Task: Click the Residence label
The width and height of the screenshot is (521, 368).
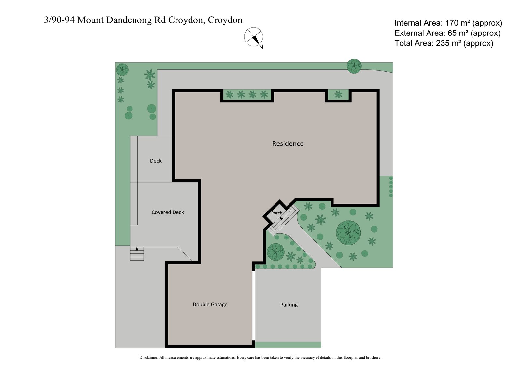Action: pyautogui.click(x=288, y=143)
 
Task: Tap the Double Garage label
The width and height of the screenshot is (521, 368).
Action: pyautogui.click(x=210, y=304)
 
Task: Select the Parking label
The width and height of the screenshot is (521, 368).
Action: pyautogui.click(x=289, y=305)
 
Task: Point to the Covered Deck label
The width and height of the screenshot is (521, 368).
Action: pyautogui.click(x=168, y=212)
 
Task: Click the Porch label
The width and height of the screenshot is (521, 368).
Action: pyautogui.click(x=276, y=213)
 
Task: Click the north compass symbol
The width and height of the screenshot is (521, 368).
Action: pyautogui.click(x=254, y=37)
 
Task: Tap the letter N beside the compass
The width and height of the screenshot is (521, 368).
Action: pyautogui.click(x=261, y=47)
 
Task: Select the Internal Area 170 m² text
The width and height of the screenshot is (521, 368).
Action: pyautogui.click(x=448, y=23)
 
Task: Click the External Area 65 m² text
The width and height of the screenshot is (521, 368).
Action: pyautogui.click(x=447, y=33)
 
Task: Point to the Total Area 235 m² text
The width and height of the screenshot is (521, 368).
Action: pyautogui.click(x=444, y=43)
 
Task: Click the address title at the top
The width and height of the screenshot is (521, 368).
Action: pyautogui.click(x=143, y=20)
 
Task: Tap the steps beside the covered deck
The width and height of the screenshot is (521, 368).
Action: pyautogui.click(x=137, y=253)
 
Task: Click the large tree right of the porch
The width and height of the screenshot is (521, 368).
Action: pyautogui.click(x=348, y=233)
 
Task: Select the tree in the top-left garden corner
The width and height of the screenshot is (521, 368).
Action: pyautogui.click(x=122, y=69)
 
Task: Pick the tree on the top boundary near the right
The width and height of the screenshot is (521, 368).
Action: pyautogui.click(x=354, y=66)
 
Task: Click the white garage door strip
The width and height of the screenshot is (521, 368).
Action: pyautogui.click(x=253, y=306)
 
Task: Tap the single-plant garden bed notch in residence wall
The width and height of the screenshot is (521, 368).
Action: pyautogui.click(x=338, y=95)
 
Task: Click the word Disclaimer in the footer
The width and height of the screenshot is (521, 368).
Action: pyautogui.click(x=148, y=357)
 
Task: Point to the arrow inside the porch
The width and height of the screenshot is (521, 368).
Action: pyautogui.click(x=281, y=219)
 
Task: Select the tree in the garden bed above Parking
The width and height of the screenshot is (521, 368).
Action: pyautogui.click(x=275, y=252)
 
